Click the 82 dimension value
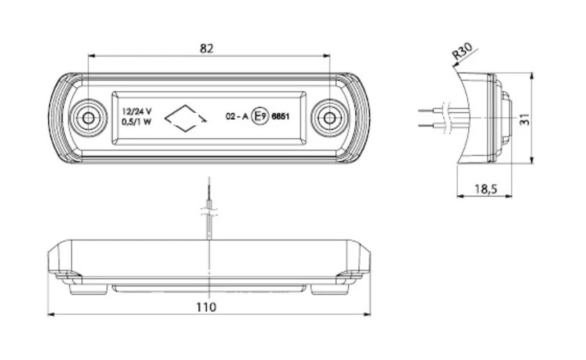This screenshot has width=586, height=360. click(206, 48)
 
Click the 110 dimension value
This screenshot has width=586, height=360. click(206, 306)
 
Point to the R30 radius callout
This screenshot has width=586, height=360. click(461, 53)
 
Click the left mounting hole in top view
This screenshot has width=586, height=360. click(88, 118)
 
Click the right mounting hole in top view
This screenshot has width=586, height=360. click(327, 118)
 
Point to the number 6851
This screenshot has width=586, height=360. click(279, 117)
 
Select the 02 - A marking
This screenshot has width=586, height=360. click(236, 117)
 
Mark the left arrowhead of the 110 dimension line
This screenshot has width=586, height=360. click(51, 315)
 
